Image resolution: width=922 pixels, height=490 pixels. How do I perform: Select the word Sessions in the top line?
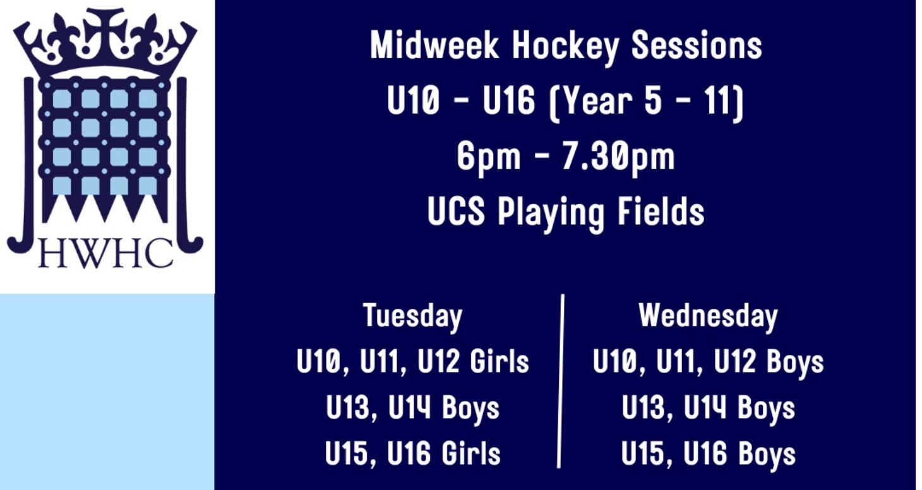pos(697,46)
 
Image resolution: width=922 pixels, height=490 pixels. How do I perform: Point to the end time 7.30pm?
pos(618,157)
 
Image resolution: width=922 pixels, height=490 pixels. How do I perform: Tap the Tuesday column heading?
pos(412,316)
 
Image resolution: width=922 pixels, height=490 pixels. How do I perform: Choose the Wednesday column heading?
pos(708,316)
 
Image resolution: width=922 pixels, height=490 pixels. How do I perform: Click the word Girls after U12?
pos(500,362)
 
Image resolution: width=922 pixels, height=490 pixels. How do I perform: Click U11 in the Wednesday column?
pos(679,362)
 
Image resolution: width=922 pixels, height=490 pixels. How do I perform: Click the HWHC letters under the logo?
pos(105,253)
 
